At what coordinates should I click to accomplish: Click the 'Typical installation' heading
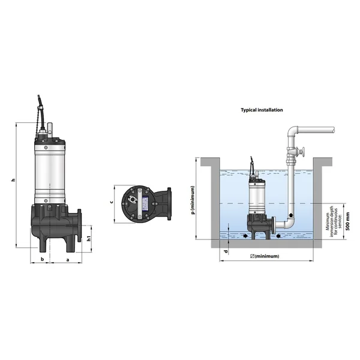pyautogui.click(x=262, y=110)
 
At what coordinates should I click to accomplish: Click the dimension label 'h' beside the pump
pyautogui.click(x=14, y=180)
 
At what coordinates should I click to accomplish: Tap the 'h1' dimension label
pyautogui.click(x=89, y=239)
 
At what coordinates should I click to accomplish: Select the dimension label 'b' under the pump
pyautogui.click(x=42, y=259)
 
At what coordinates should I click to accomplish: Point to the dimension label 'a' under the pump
pyautogui.click(x=68, y=260)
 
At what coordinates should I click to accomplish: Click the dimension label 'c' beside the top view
pyautogui.click(x=112, y=202)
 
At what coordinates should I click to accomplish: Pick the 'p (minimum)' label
pyautogui.click(x=193, y=200)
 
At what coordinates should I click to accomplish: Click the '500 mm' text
pyautogui.click(x=348, y=221)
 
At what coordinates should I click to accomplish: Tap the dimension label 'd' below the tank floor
pyautogui.click(x=226, y=252)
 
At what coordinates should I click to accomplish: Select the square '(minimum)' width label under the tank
pyautogui.click(x=265, y=256)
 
